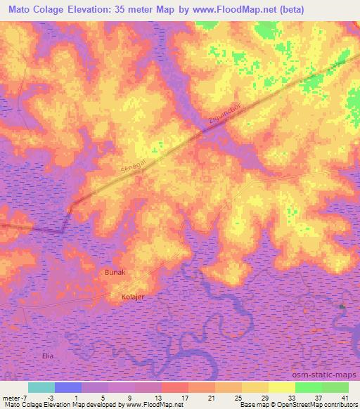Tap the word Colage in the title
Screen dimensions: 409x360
(58, 10)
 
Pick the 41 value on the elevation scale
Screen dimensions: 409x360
(345, 398)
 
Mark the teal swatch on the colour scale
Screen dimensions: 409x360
(41, 387)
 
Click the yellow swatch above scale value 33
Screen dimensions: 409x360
(281, 387)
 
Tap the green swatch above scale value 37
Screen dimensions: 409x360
(309, 387)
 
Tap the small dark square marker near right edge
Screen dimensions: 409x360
(342, 307)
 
